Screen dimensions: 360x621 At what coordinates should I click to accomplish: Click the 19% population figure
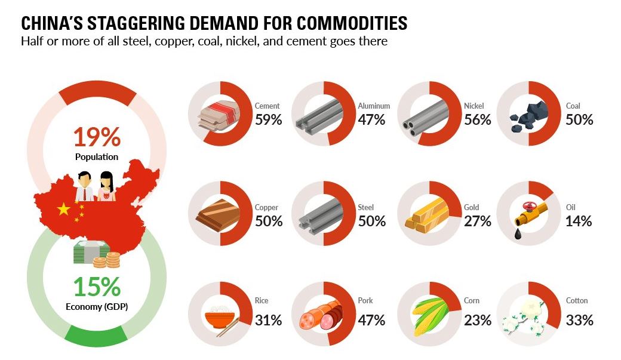click(x=96, y=137)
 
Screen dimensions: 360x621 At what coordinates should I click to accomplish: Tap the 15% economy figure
click(x=96, y=287)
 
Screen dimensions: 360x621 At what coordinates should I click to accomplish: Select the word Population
click(x=96, y=157)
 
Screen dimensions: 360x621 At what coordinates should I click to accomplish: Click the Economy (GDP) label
click(x=96, y=307)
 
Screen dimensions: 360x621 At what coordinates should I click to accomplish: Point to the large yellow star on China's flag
click(x=63, y=208)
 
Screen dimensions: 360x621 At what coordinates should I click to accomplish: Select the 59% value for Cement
click(x=268, y=119)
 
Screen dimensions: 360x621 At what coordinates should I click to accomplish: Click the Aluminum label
click(x=374, y=106)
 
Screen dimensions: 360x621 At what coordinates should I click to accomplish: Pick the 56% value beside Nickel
click(x=477, y=119)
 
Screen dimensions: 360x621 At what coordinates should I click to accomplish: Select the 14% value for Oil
click(x=579, y=221)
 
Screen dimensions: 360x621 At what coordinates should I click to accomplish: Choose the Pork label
click(x=365, y=300)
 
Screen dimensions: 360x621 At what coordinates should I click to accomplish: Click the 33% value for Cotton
click(x=579, y=320)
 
